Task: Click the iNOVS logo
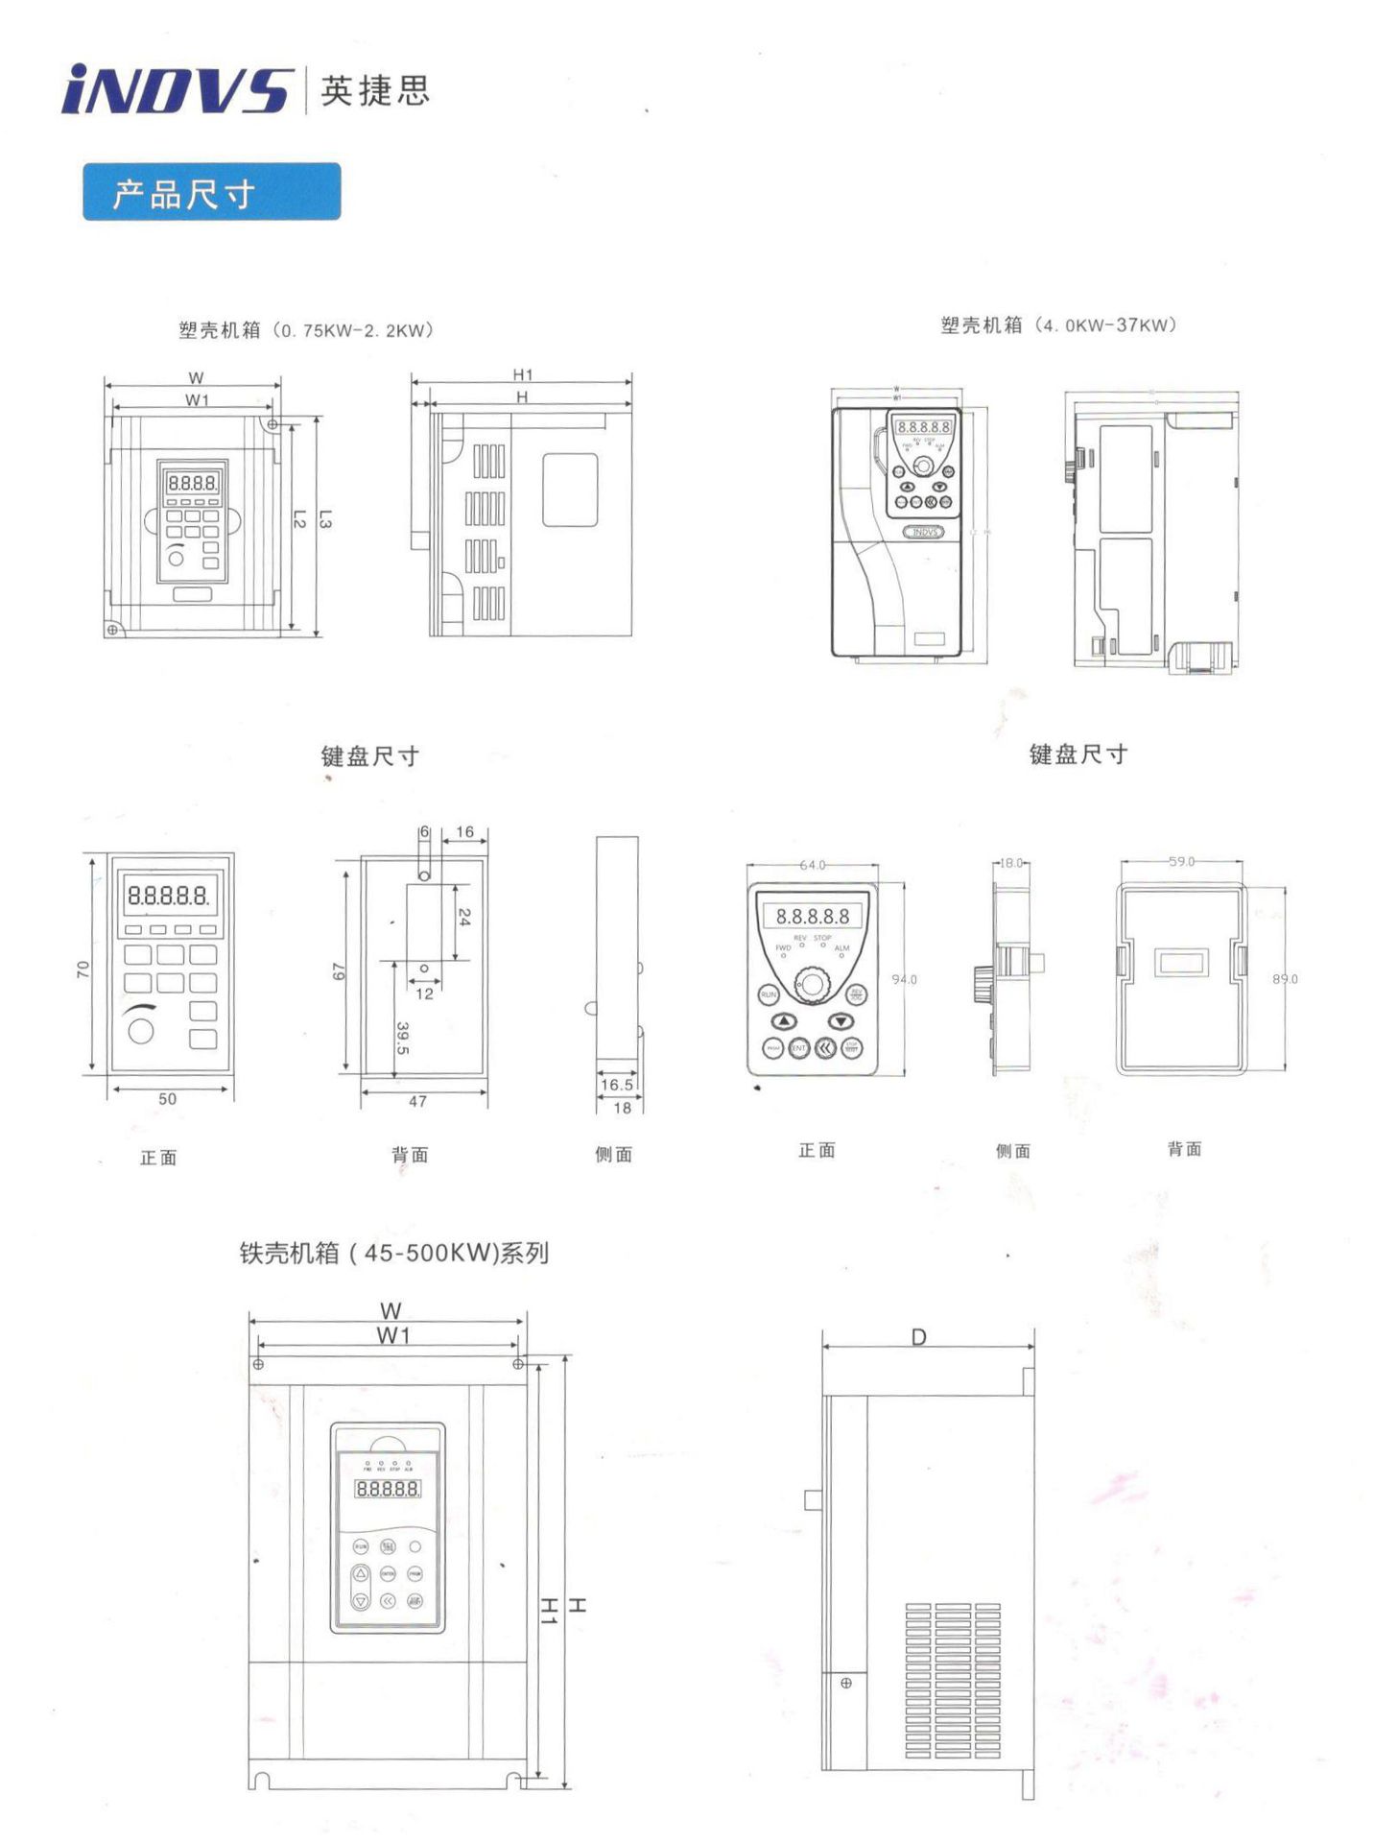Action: (x=176, y=90)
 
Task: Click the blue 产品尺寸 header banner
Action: (x=211, y=192)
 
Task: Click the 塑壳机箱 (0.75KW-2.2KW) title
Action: (x=306, y=330)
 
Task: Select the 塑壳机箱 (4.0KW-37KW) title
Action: (x=1057, y=325)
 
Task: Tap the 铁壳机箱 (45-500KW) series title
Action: (x=393, y=1253)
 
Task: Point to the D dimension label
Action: (x=918, y=1337)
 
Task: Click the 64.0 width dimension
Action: (x=812, y=865)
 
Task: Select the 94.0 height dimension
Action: (x=904, y=979)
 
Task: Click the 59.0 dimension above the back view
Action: (x=1181, y=861)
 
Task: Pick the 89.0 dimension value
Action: (x=1285, y=979)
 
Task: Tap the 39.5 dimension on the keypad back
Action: (x=403, y=1038)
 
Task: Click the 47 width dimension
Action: (x=417, y=1101)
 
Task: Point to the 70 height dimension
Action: (x=83, y=969)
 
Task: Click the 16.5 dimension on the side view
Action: (x=616, y=1085)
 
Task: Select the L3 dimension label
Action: (x=324, y=519)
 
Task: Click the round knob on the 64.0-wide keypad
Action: (x=813, y=984)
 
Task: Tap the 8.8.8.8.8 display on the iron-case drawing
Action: (x=388, y=1489)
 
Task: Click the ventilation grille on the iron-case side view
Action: (x=953, y=1680)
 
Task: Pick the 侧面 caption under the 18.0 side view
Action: (x=1012, y=1151)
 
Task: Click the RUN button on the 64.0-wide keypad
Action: (x=769, y=995)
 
